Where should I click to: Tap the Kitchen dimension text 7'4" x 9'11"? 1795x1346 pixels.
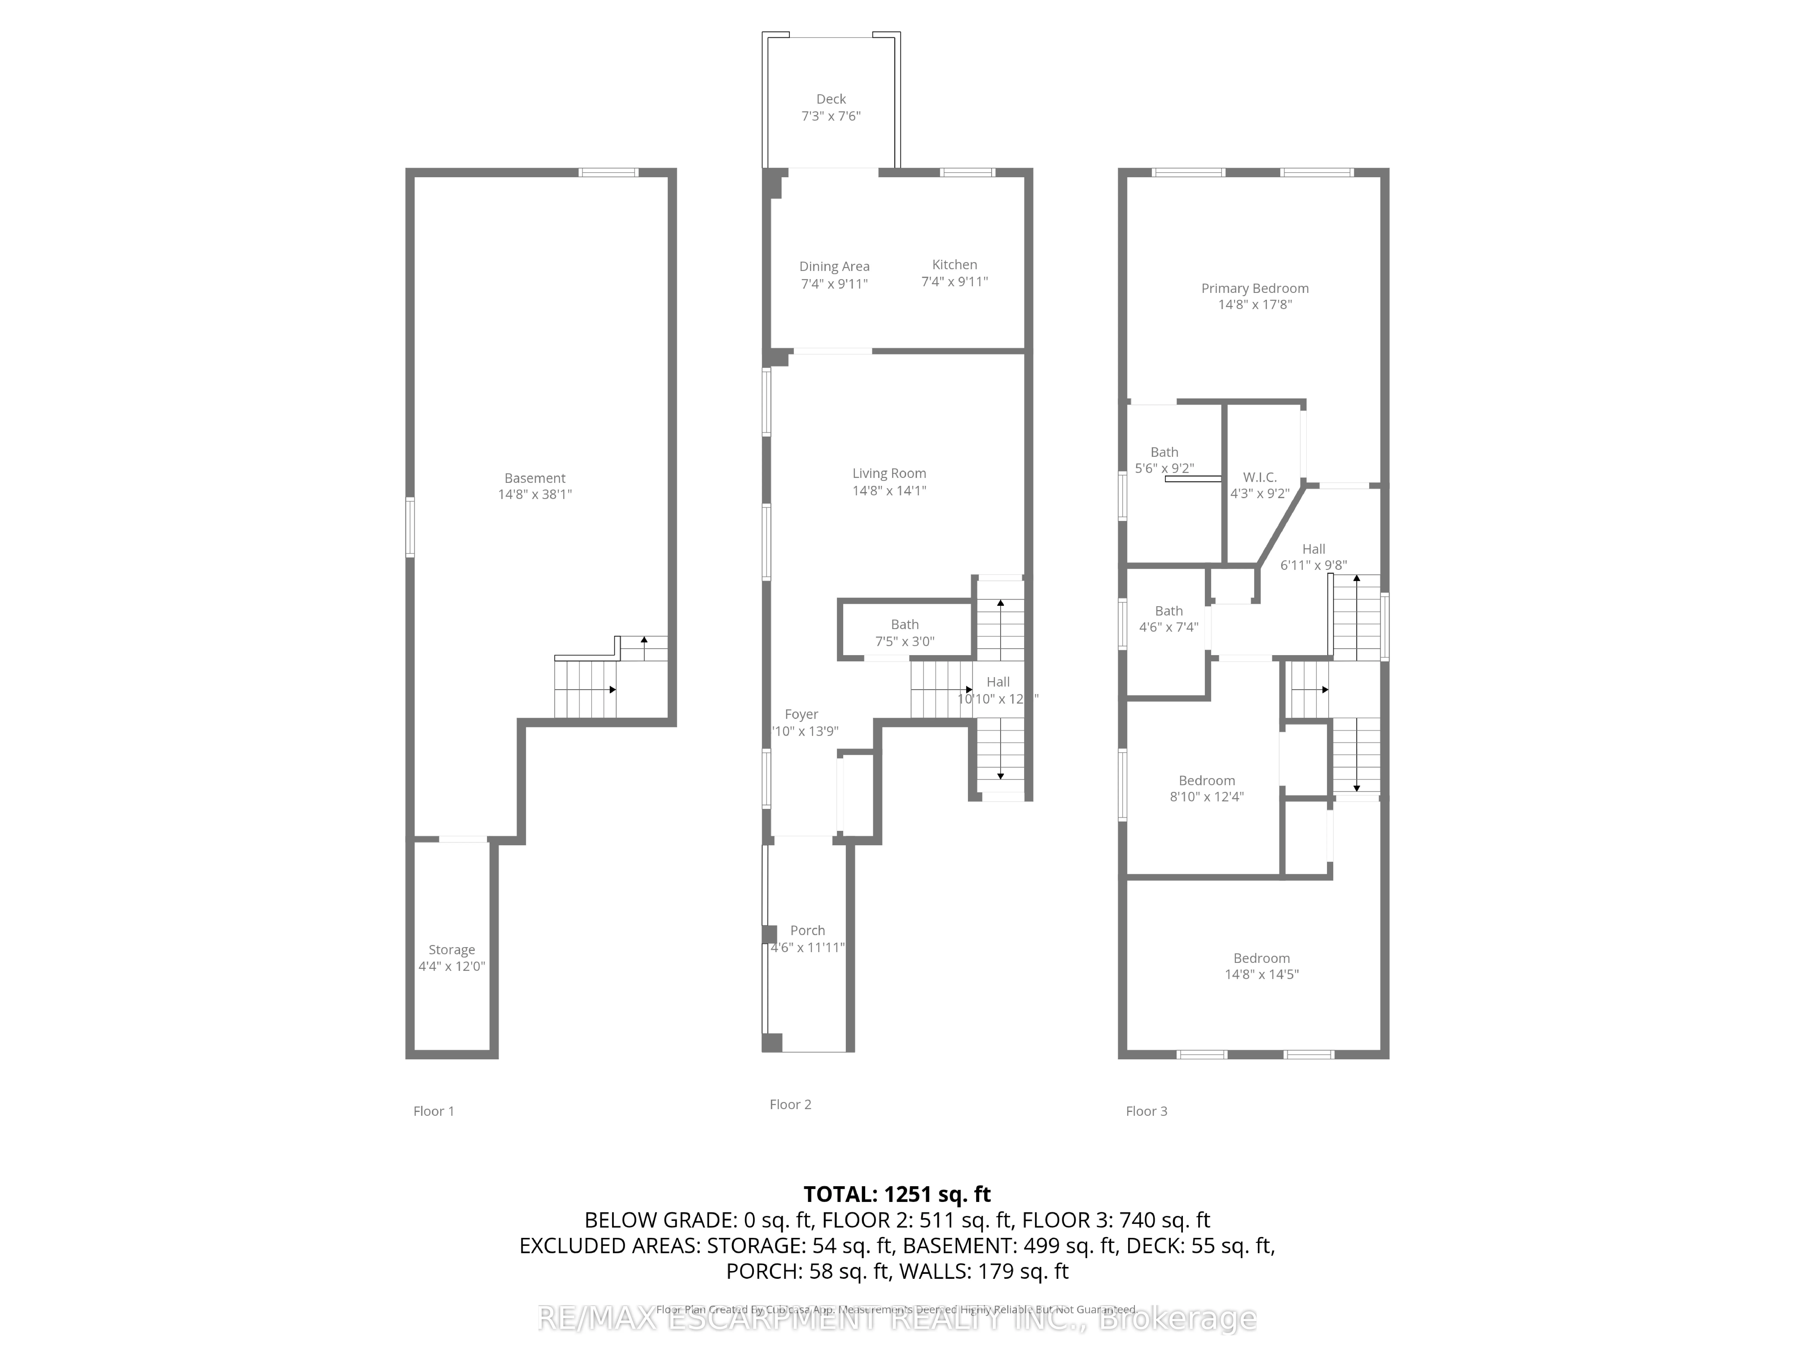[954, 281]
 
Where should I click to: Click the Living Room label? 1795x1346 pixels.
[889, 473]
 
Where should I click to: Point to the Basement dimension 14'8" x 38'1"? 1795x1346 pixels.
[535, 494]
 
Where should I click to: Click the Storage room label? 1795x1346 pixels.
[451, 949]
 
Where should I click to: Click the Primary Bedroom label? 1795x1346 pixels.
[1255, 288]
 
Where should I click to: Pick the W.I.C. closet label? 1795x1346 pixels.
[1259, 477]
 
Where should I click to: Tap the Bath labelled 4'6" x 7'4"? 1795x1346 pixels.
[1168, 611]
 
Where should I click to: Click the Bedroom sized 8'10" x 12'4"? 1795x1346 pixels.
[1207, 780]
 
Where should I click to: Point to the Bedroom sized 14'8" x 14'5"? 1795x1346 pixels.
[1261, 958]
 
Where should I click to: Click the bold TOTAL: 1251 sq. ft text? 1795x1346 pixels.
[897, 1194]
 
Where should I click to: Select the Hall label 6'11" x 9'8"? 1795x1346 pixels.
[1313, 549]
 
